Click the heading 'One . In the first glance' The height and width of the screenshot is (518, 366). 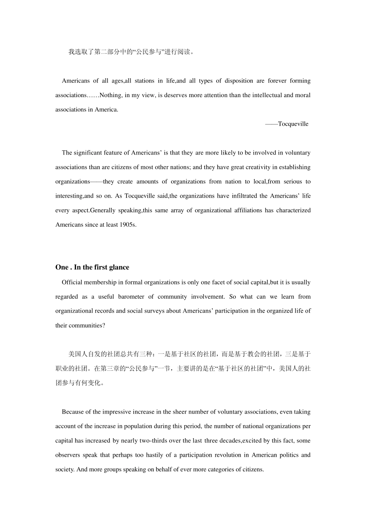(x=92, y=267)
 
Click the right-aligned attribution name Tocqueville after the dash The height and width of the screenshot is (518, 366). (x=293, y=124)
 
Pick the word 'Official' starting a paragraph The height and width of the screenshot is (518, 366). (x=72, y=283)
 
